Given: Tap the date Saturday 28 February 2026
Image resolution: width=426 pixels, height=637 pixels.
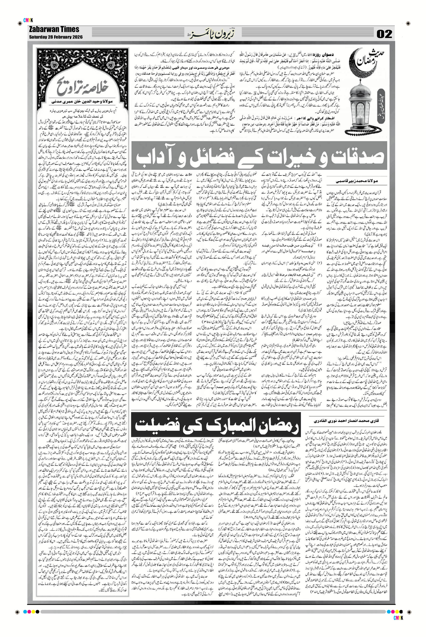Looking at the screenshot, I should click(x=56, y=37).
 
